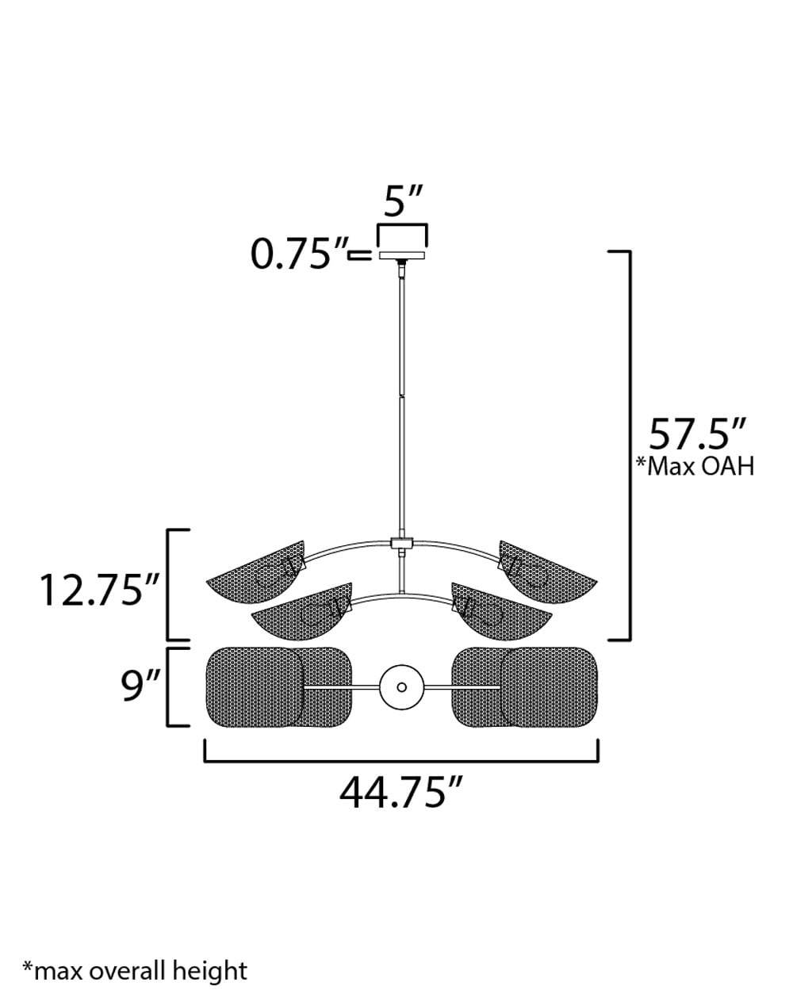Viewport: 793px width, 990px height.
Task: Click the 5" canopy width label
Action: (x=404, y=203)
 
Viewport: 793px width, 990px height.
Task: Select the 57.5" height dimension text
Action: (x=698, y=434)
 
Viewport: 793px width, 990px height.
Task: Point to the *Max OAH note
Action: (x=695, y=466)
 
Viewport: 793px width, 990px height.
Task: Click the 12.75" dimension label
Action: (x=101, y=590)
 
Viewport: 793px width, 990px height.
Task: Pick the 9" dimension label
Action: (x=142, y=686)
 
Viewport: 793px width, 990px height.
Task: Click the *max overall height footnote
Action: (x=135, y=970)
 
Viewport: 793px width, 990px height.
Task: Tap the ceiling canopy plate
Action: (x=402, y=256)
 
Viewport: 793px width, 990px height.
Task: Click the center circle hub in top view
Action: (x=401, y=687)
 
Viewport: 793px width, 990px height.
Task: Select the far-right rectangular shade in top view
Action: (x=551, y=686)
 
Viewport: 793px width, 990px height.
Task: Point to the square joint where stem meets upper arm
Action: (x=403, y=544)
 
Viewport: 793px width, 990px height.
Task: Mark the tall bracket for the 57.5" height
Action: (x=628, y=444)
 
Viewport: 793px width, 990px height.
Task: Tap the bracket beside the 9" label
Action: (x=169, y=686)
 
